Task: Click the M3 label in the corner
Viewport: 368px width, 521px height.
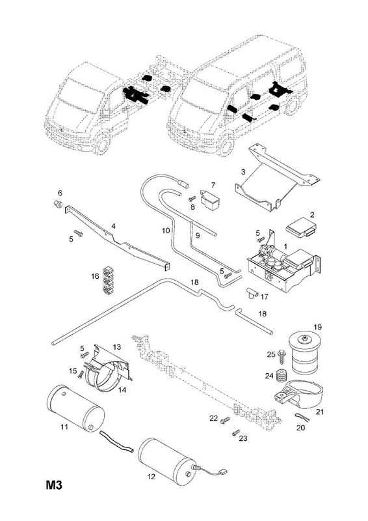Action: [54, 485]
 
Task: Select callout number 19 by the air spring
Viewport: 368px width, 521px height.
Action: [317, 327]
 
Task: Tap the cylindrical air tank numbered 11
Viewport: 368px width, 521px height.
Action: [75, 408]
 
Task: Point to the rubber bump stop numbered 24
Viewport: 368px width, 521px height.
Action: [282, 376]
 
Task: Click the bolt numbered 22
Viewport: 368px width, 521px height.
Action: [225, 420]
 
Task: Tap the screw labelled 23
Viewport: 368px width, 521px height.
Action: [235, 432]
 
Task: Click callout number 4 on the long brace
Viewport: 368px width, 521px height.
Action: [114, 226]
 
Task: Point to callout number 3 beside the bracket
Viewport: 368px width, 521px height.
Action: [243, 172]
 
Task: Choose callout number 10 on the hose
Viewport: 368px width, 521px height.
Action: [166, 231]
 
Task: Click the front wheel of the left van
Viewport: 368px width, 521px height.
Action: [101, 144]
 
